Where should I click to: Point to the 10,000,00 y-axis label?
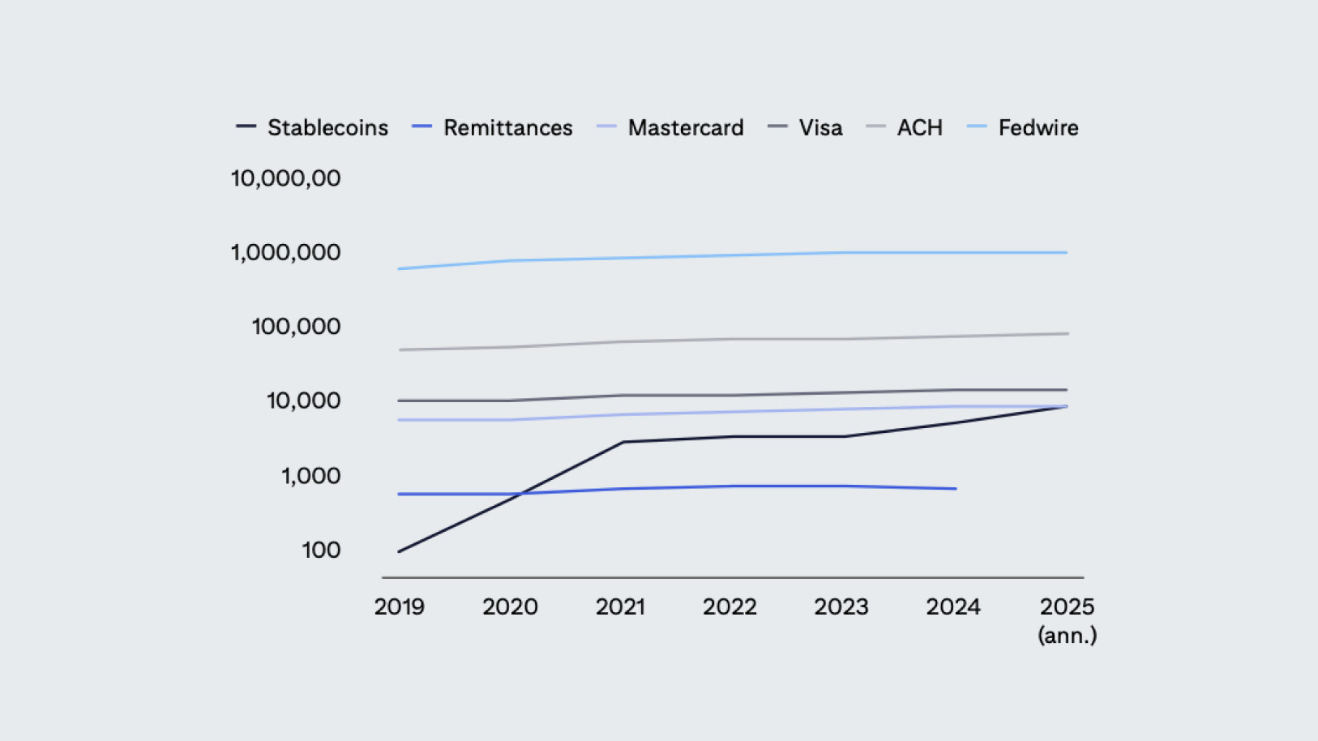285,178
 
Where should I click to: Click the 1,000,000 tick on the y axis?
285,253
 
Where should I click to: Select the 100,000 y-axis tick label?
296,327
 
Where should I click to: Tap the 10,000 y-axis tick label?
303,400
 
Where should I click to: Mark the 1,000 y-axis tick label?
310,476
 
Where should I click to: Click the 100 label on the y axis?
321,550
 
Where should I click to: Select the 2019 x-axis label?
399,607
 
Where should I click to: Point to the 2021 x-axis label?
620,607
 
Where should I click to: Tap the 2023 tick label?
841,607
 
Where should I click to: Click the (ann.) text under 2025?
1067,636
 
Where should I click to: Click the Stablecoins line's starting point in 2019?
399,551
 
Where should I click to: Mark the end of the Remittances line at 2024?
956,489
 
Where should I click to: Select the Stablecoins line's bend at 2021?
622,442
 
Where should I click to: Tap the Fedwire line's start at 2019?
399,268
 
